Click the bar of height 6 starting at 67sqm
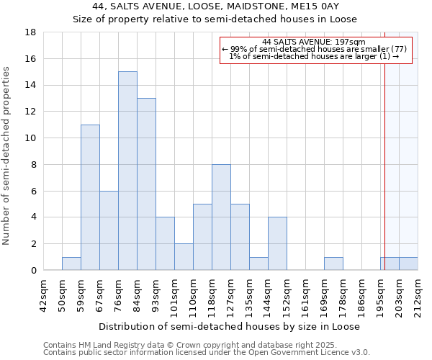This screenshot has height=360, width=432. [109, 230]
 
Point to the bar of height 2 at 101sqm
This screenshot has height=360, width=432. [184, 257]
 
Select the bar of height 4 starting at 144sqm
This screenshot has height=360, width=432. [277, 244]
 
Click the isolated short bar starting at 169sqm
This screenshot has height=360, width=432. [333, 264]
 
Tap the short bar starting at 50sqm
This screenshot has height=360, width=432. [71, 264]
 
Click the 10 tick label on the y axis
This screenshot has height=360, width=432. [31, 138]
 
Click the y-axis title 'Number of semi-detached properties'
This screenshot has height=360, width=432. [7, 156]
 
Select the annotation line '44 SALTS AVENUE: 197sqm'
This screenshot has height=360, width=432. [314, 42]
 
